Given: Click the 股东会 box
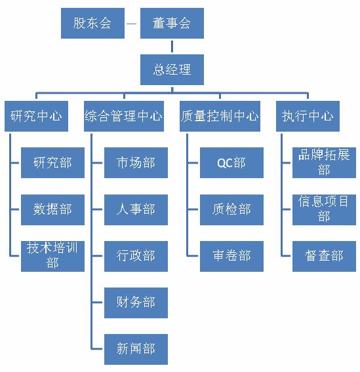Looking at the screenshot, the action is coord(92,24).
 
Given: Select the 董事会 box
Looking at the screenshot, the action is coord(172,24).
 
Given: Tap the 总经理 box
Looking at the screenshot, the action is coord(172,69).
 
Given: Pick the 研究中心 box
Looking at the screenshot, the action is coord(36,117).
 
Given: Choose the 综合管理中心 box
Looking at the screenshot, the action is coord(124,117).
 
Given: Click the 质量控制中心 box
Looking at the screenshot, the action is coord(220,117).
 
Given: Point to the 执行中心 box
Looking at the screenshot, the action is coord(308,117).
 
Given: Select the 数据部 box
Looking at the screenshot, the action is coord(52,210).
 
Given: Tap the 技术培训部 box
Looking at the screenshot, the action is coord(52,256).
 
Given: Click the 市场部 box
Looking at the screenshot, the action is coord(136,162).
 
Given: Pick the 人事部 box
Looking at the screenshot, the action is coord(136,210).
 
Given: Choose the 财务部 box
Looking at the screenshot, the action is coord(136,303).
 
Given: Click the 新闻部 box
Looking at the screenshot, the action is coord(136,349).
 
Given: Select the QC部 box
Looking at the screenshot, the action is coord(231,162).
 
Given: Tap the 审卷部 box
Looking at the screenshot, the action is coord(231,256).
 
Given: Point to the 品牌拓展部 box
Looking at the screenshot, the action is coord(324,162).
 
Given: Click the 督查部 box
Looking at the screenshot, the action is coord(324,256).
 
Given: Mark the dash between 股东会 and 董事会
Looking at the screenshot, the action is coord(132,24).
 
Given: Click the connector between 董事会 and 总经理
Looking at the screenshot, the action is coord(172,46).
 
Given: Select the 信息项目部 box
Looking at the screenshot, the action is coord(324,210).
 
